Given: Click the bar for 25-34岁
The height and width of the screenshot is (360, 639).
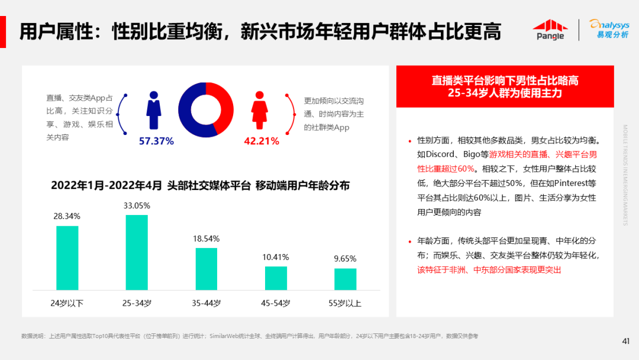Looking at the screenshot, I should pyautogui.click(x=137, y=252).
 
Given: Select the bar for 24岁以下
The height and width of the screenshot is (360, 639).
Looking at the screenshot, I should pyautogui.click(x=67, y=258).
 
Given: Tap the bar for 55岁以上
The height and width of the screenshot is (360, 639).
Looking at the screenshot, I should pyautogui.click(x=345, y=279).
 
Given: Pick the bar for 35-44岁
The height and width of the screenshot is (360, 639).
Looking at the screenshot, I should pyautogui.click(x=206, y=269).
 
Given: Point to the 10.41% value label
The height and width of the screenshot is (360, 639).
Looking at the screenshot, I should pyautogui.click(x=276, y=257).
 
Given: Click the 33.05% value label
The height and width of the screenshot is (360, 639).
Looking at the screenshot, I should pyautogui.click(x=137, y=205).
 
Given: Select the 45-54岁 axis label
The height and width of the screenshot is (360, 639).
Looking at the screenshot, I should pyautogui.click(x=276, y=304).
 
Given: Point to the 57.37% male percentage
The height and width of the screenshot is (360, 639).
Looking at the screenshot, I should pyautogui.click(x=156, y=141).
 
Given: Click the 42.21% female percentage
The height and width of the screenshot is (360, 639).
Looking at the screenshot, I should pyautogui.click(x=261, y=141).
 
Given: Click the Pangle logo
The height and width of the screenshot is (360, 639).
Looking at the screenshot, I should pyautogui.click(x=550, y=30).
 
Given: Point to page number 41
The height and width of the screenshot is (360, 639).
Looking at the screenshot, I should pyautogui.click(x=625, y=340).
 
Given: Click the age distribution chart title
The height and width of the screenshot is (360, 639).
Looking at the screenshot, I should pyautogui.click(x=200, y=185).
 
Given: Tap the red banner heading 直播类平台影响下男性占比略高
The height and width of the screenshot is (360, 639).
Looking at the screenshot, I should pyautogui.click(x=505, y=80).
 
